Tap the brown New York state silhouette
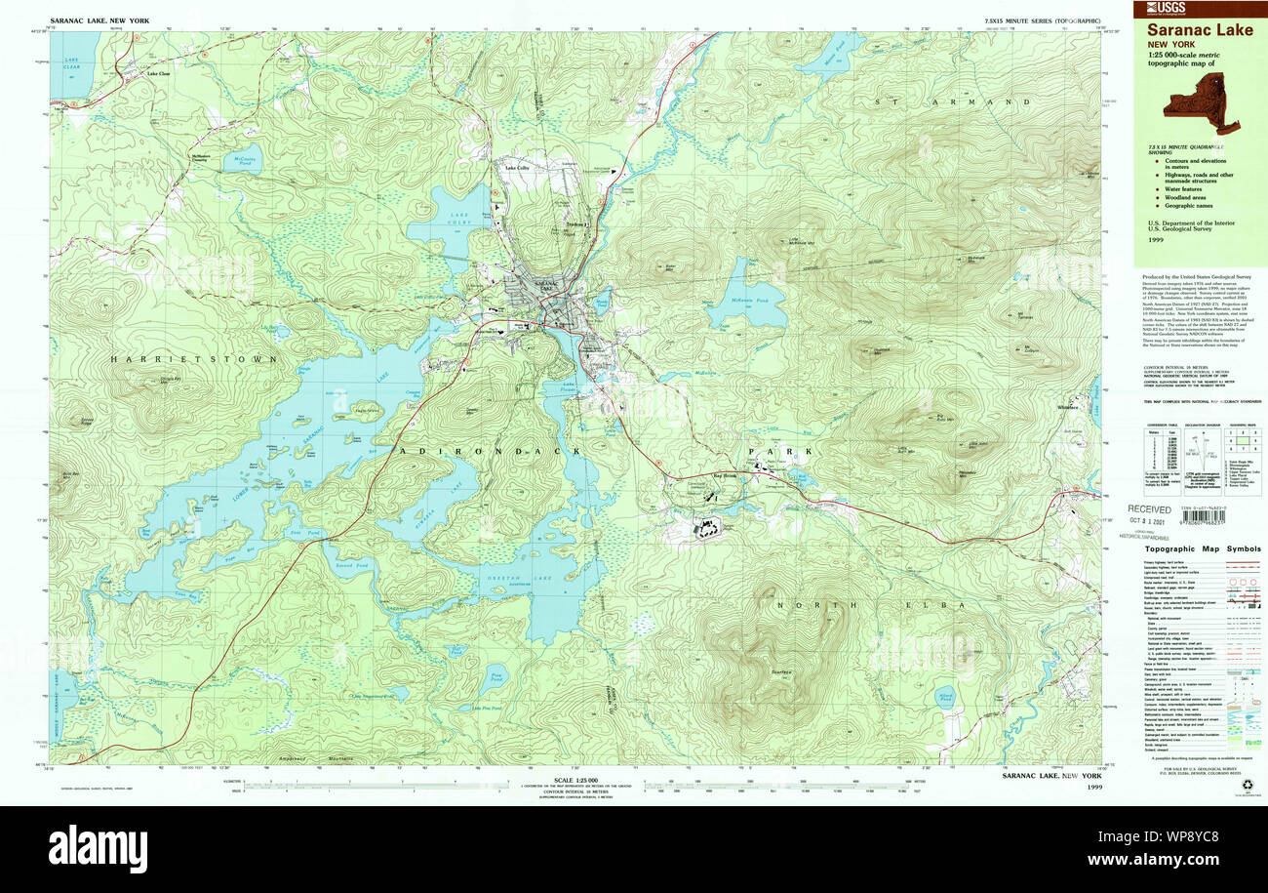click(x=1201, y=101)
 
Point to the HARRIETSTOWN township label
click(x=194, y=359)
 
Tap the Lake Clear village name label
click(x=158, y=74)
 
